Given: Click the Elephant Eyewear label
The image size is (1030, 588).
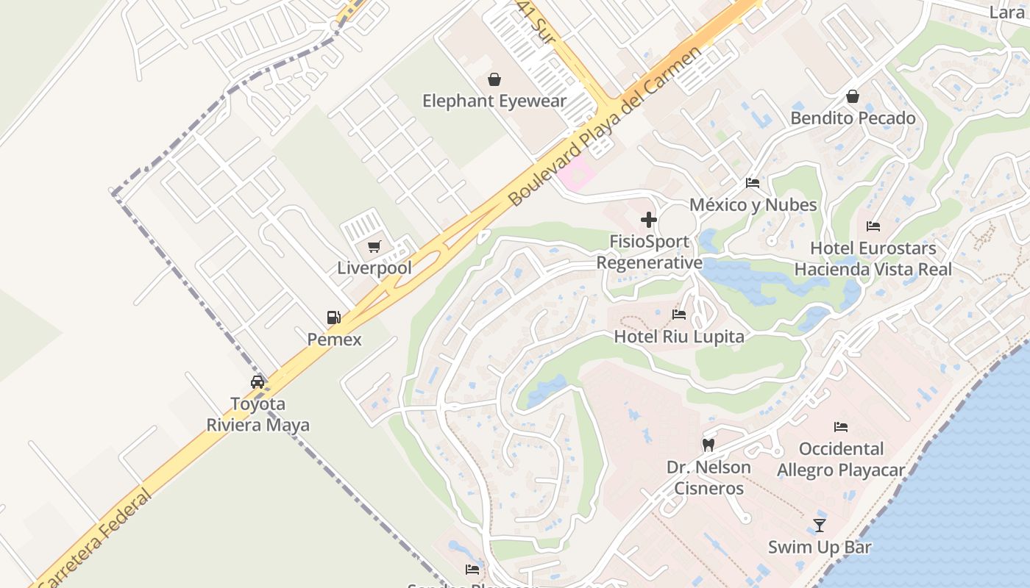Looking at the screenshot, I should tap(494, 101).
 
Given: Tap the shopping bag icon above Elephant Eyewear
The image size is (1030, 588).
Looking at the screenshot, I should tap(494, 79).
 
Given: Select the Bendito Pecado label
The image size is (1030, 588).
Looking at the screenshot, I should tap(853, 118).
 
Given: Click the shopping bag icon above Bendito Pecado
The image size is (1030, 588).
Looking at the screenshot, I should tap(853, 96).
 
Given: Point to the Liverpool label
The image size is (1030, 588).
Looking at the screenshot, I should tap(374, 268).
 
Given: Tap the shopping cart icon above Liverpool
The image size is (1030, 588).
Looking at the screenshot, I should tap(374, 246).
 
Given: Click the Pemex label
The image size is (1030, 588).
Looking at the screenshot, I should tap(335, 339).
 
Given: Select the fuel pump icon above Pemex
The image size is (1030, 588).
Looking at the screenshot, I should tap(334, 318).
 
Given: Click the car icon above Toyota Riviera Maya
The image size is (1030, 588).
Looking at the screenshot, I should tap(257, 382).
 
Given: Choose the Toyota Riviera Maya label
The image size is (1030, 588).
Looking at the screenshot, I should tap(257, 414).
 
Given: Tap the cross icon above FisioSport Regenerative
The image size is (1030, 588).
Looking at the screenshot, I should tap(649, 220).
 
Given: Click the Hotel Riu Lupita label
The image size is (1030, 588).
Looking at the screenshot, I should tap(679, 337).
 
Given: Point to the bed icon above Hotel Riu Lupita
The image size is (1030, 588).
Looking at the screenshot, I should tap(679, 315).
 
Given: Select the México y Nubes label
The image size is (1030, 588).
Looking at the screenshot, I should tap(753, 204).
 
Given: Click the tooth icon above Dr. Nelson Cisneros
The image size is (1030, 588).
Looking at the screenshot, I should tap(708, 445).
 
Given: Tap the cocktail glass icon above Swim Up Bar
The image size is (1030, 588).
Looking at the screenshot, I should tap(820, 525).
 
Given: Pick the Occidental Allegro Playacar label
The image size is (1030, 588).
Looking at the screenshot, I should tap(841, 459).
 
